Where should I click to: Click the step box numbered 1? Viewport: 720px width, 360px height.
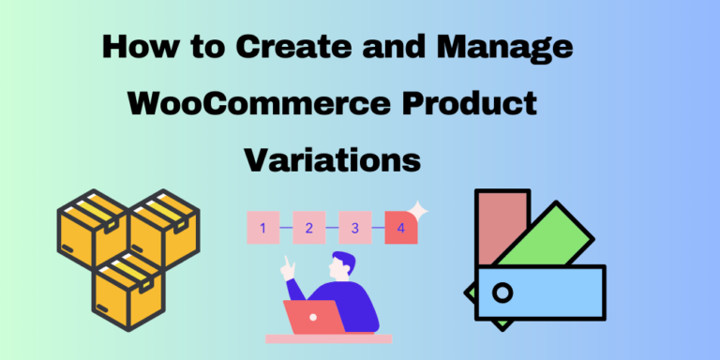pyautogui.click(x=263, y=228)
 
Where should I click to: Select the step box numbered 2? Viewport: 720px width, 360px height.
pyautogui.click(x=309, y=228)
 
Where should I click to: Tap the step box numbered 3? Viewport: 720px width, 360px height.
pyautogui.click(x=355, y=228)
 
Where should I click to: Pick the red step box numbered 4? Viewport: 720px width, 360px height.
pyautogui.click(x=400, y=228)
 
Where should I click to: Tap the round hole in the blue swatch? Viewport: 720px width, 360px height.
pyautogui.click(x=503, y=293)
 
